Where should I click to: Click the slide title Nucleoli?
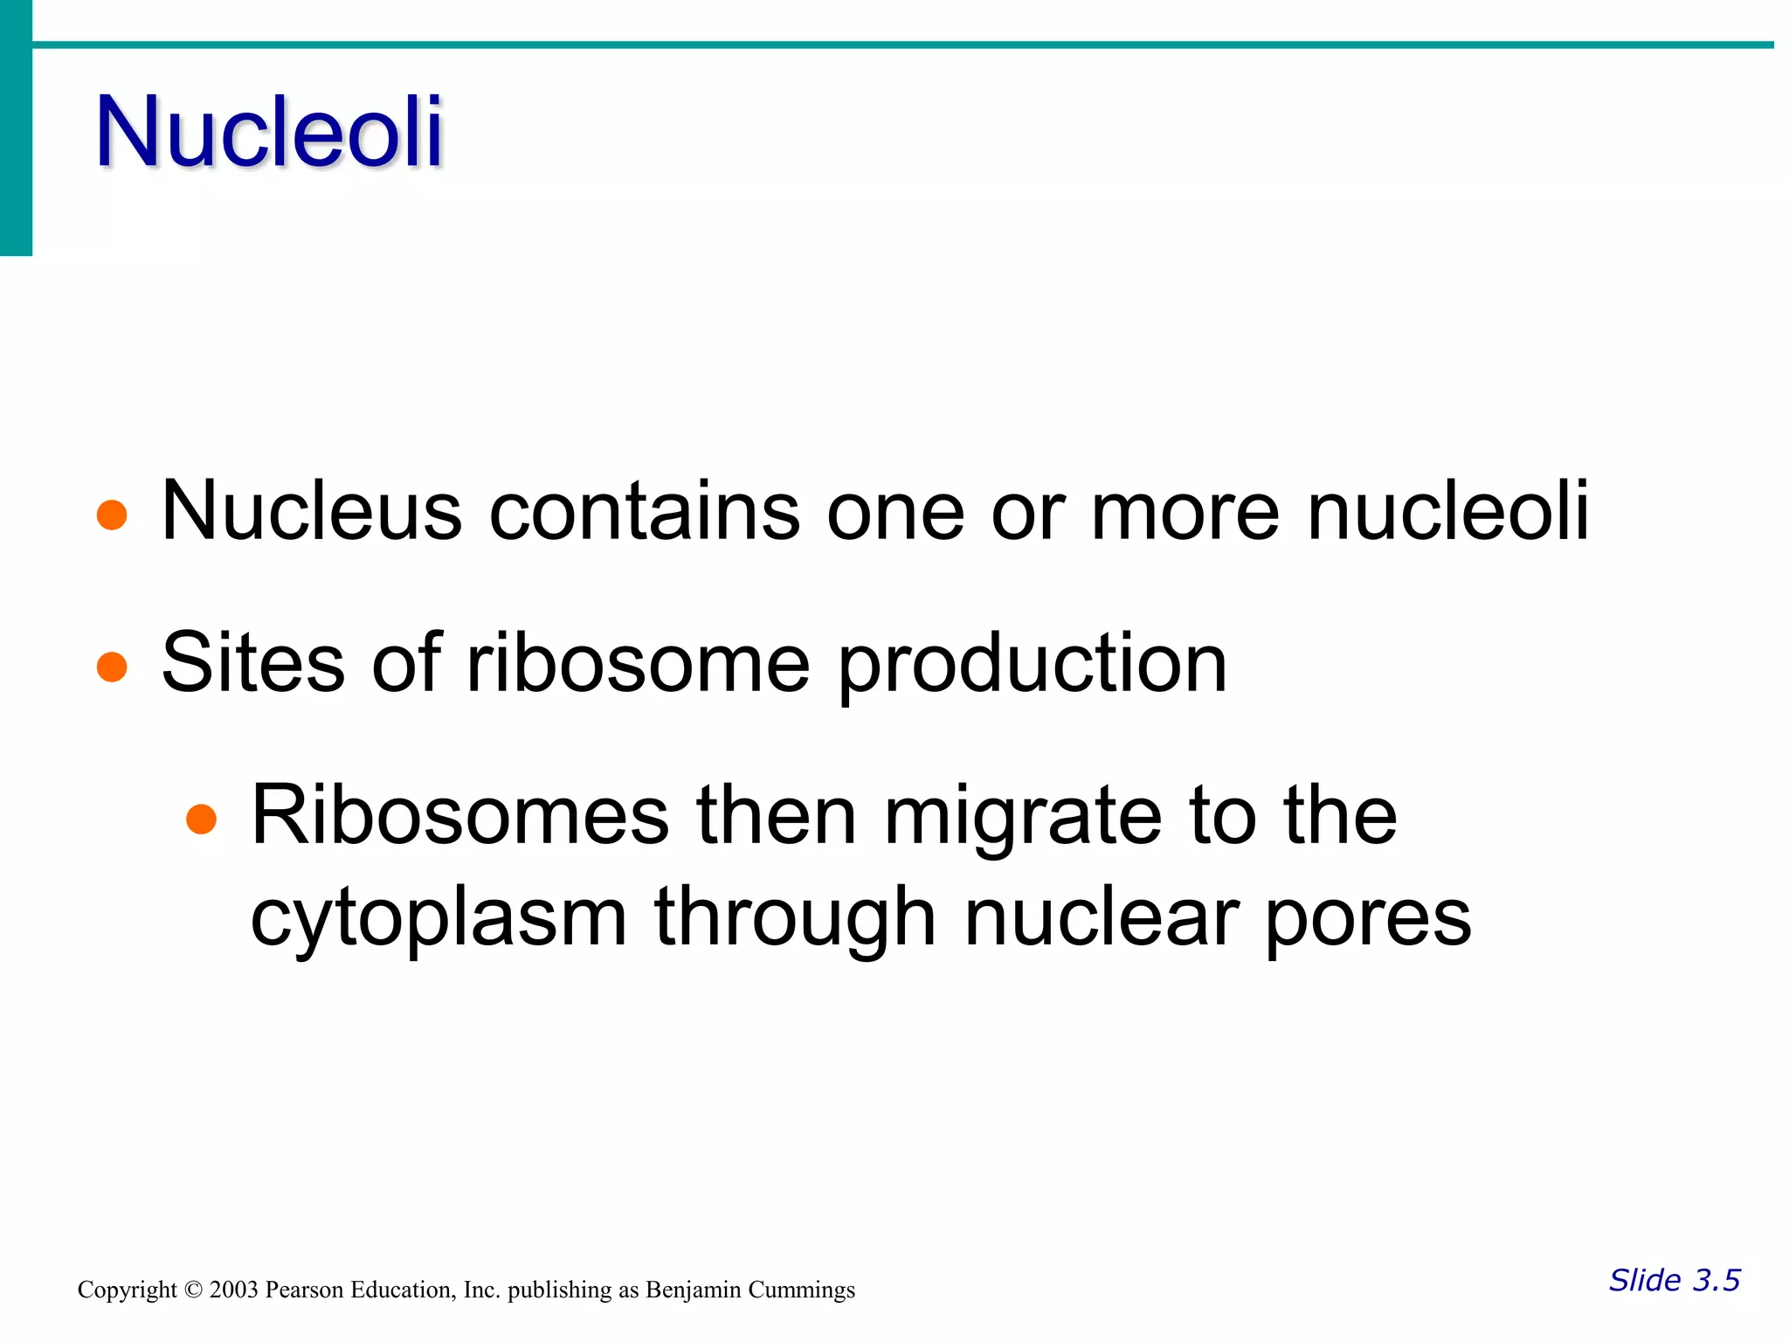[269, 131]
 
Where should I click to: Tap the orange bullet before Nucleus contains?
[112, 515]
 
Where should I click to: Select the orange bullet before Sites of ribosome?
[112, 667]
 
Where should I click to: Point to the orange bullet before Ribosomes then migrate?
[201, 819]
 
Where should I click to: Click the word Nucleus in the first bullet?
[311, 511]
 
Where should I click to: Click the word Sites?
[253, 663]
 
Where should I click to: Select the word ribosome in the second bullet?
[639, 663]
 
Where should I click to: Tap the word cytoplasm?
[439, 919]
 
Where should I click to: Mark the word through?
[795, 919]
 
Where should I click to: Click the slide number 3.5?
[1716, 1281]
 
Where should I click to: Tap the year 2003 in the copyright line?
[233, 1290]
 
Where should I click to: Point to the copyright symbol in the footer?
[193, 1290]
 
